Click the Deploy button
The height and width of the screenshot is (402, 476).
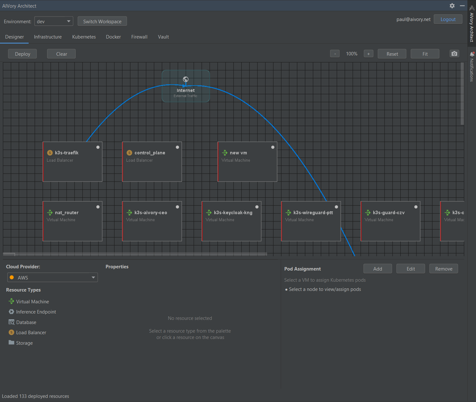coord(22,54)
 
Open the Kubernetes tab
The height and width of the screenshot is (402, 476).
coord(84,37)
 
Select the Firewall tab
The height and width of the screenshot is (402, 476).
coord(139,37)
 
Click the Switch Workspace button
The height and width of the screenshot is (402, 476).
coord(102,21)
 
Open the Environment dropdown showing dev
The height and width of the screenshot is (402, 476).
coord(53,21)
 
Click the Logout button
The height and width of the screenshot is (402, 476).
coord(448,19)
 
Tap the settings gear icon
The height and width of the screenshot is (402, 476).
coord(452,6)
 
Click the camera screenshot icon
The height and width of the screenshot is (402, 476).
coord(454,54)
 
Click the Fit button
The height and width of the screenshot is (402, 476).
coord(425,54)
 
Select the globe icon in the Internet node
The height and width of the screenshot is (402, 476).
coord(186,79)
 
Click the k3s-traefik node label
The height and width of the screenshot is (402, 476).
coord(66,153)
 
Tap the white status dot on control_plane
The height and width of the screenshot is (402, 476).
coord(177,147)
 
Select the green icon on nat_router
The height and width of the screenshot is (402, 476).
coord(50,213)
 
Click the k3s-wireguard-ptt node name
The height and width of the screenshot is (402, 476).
coord(313,213)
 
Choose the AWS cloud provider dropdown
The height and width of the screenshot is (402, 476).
coord(53,277)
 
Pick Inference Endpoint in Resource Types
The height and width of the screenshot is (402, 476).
coord(36,312)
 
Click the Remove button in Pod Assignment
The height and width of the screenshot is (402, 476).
coord(443,269)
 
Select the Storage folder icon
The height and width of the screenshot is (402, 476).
coord(11,342)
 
